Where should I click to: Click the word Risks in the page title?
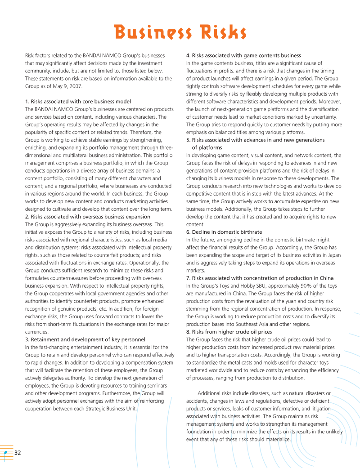(217, 32)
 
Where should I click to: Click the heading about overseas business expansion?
(87, 217)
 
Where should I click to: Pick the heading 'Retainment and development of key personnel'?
(85, 339)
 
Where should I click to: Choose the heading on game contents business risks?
(243, 55)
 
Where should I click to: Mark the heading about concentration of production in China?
(260, 278)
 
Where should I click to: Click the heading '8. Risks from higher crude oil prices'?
(229, 332)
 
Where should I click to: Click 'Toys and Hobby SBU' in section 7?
(228, 286)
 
